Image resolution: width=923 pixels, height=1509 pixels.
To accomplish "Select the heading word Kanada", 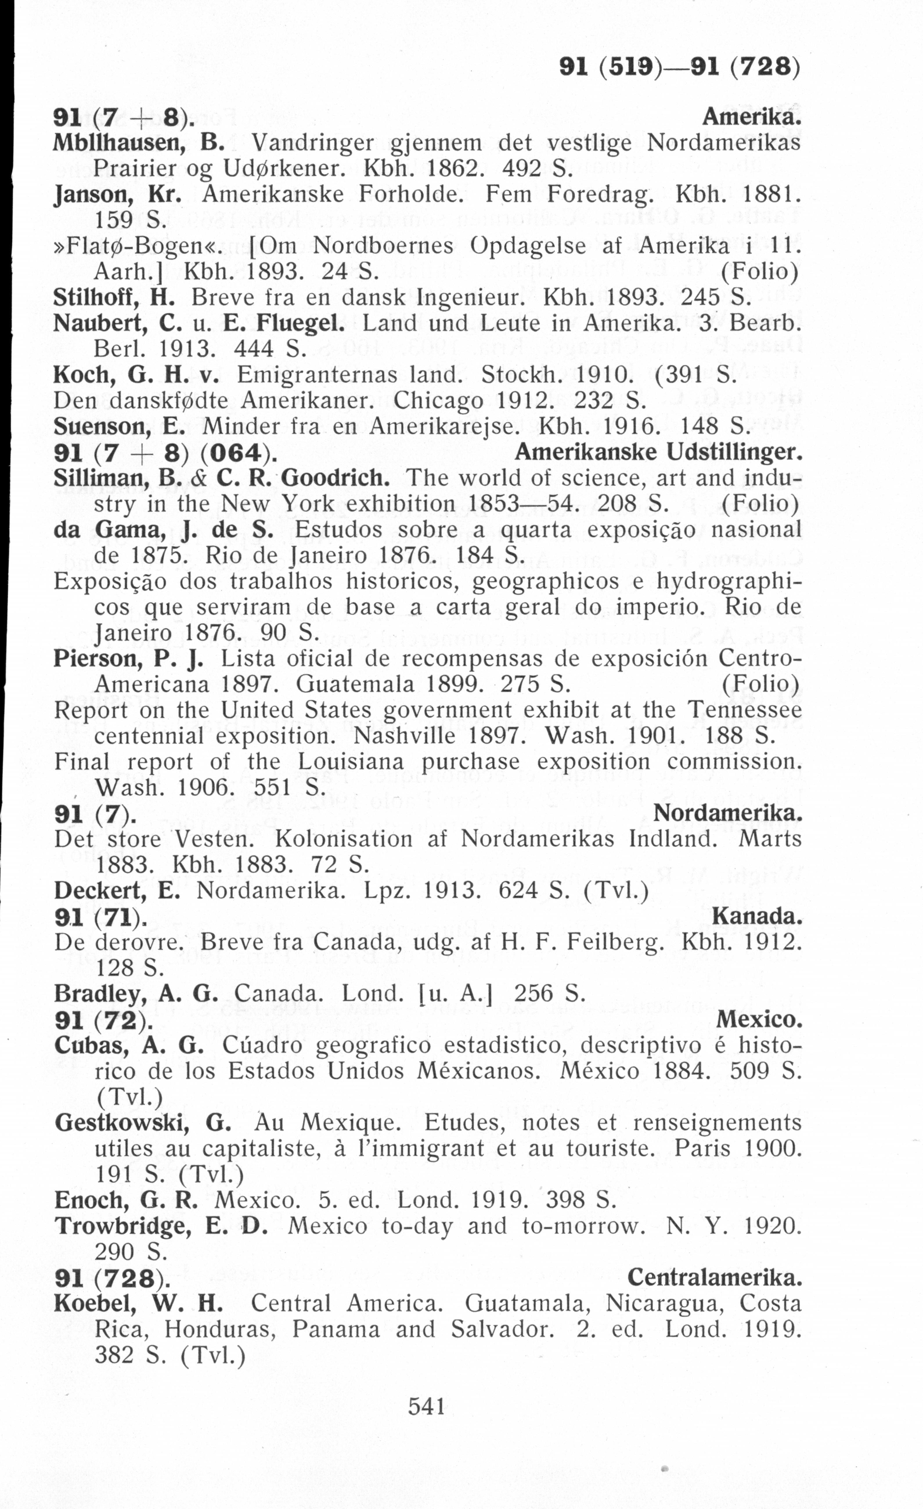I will (757, 917).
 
